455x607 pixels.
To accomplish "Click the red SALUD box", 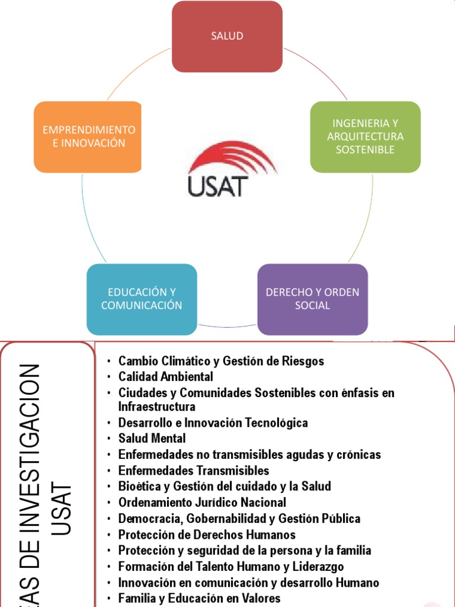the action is (227, 36).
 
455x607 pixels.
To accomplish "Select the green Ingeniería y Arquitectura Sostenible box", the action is (365, 137).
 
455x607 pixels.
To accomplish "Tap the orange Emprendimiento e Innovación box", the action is (88, 136).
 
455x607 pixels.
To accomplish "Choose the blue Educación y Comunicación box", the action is (142, 299).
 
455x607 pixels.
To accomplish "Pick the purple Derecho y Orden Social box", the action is (312, 299).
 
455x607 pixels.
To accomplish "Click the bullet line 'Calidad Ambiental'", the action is (165, 376).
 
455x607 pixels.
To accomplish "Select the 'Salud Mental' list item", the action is (152, 439).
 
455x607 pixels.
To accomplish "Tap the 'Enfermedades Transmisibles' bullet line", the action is (193, 471).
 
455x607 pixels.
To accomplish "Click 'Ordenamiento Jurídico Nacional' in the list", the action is (202, 503).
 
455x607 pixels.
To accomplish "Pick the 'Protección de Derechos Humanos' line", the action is (207, 535).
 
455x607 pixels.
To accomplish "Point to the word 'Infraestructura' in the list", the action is (156, 407).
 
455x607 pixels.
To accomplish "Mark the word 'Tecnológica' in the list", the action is (278, 423).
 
